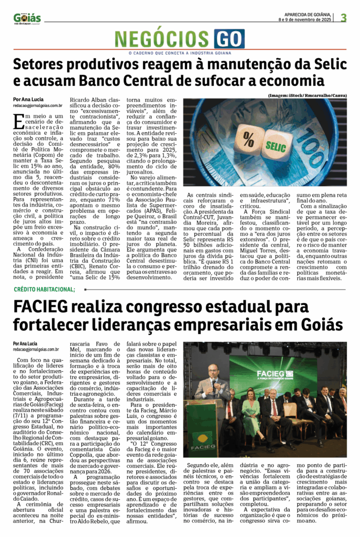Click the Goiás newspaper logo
[27, 18]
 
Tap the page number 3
[344, 18]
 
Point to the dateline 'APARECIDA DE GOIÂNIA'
[307, 15]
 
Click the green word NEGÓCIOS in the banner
[163, 39]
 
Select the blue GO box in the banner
[229, 39]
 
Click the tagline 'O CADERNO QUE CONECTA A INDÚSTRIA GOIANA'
[180, 52]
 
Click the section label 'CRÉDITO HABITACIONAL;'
[45, 289]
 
